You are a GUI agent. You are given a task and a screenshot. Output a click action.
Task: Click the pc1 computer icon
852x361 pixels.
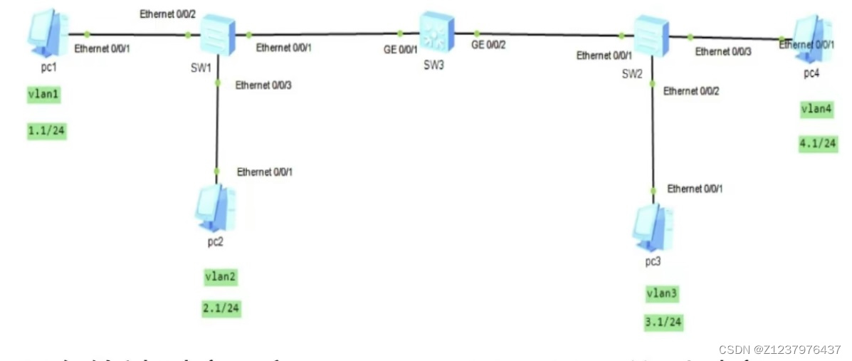tap(48, 33)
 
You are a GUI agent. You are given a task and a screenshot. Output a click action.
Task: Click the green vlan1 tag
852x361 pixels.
tap(45, 96)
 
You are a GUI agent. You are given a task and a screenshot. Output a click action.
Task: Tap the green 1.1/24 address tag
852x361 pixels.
tap(47, 131)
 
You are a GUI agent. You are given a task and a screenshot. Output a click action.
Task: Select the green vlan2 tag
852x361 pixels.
tap(219, 277)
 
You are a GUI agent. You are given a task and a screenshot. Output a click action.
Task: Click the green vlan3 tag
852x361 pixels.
tap(663, 293)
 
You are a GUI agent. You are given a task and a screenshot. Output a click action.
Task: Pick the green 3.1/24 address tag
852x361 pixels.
tap(663, 323)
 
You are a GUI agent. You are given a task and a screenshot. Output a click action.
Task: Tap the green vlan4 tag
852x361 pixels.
tap(816, 110)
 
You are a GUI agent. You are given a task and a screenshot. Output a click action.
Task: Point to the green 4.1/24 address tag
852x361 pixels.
tap(818, 143)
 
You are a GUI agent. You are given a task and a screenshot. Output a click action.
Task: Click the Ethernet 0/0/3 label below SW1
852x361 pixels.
tap(263, 85)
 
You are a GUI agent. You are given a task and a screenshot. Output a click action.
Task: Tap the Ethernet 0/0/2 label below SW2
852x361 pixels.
tap(691, 90)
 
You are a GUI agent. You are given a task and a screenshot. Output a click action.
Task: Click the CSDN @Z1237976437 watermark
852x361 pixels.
tap(779, 350)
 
